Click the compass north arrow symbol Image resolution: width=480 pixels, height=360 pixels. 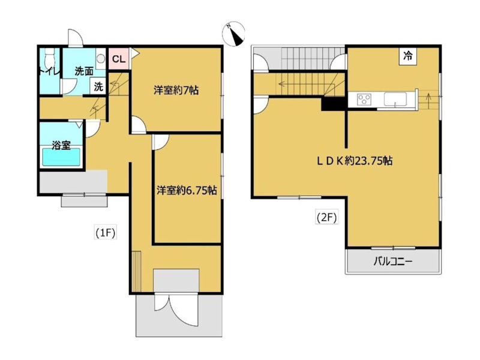233,34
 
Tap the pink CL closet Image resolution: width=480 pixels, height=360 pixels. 119,59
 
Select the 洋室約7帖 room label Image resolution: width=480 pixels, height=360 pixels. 176,91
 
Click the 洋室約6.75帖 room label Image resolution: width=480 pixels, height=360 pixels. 187,190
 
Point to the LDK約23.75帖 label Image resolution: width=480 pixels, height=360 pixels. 354,161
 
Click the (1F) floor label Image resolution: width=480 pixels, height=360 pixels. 105,233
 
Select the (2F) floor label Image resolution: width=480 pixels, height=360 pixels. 326,218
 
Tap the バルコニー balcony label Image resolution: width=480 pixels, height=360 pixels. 393,262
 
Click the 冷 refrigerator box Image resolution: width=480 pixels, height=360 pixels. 407,56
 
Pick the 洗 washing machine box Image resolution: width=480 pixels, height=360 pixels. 98,86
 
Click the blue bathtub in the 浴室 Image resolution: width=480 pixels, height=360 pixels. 61,157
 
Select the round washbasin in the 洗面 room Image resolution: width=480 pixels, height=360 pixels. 101,58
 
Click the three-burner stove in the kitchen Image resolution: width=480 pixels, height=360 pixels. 364,100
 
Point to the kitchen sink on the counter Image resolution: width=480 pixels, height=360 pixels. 395,100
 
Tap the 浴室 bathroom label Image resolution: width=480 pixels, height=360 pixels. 61,145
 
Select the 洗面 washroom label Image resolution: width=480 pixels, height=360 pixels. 84,71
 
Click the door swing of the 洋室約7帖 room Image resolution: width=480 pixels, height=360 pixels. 139,124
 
